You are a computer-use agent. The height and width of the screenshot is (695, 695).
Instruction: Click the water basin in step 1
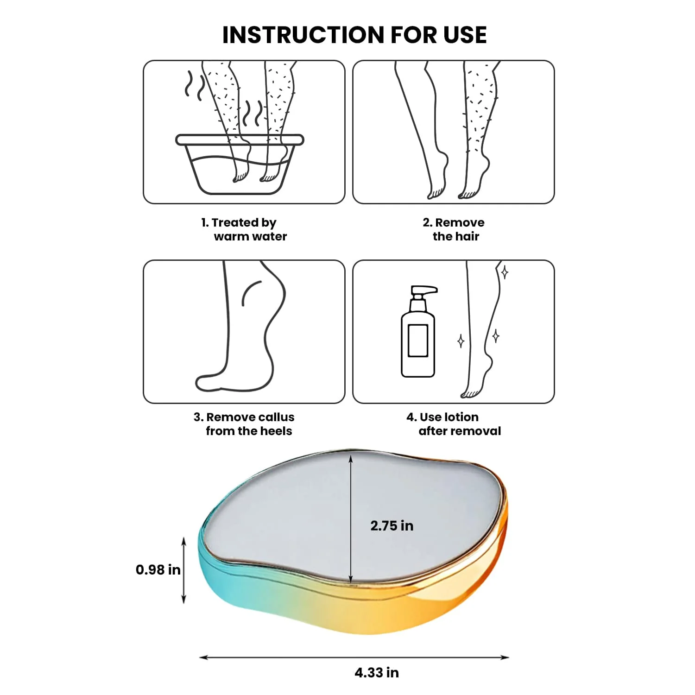pos(240,164)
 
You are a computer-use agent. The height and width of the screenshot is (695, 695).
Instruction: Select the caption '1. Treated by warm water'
pos(244,229)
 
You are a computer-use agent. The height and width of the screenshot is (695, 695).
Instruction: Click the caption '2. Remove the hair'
pos(454,229)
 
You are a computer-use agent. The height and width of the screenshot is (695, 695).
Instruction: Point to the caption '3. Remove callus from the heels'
pos(244,424)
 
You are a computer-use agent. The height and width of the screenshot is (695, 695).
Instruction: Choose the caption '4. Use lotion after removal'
pos(454,424)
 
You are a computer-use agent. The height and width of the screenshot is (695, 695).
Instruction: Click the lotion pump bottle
pos(418,331)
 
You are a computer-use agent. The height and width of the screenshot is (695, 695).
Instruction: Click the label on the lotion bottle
pos(418,341)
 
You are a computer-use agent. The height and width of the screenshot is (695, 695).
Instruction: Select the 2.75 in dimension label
pos(392,526)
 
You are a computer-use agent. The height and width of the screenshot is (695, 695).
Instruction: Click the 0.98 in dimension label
pos(158,569)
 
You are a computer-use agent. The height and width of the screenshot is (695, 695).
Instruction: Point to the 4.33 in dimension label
pos(377,672)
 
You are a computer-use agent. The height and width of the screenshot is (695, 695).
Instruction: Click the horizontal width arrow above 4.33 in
pos(354,657)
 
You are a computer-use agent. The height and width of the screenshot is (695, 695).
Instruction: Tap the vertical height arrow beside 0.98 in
pos(184,570)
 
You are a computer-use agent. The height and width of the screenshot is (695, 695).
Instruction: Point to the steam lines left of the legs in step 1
pos(195,86)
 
